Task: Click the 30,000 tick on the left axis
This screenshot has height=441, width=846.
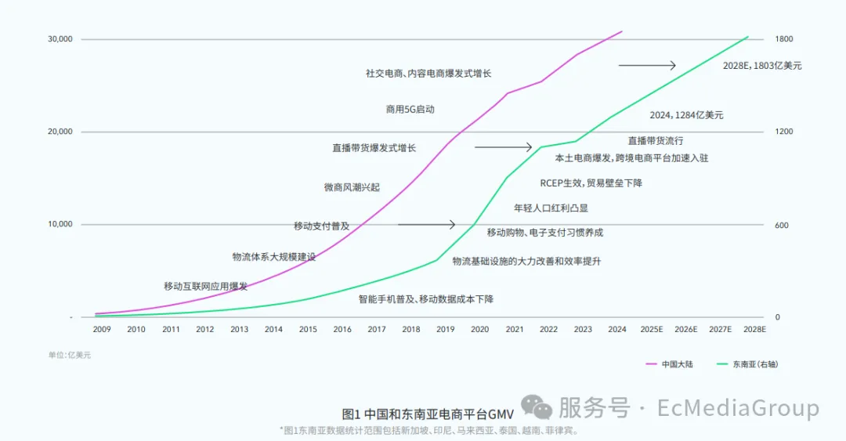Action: coord(60,39)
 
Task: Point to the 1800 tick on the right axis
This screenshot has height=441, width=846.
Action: coord(784,39)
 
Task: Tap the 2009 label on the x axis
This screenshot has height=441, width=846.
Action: coord(102,330)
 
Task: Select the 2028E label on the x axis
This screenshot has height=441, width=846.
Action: coord(754,330)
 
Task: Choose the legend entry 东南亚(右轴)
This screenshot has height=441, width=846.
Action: coord(755,364)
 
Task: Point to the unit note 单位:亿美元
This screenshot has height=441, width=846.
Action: coord(70,355)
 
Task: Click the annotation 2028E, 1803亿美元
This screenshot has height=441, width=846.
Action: coord(762,66)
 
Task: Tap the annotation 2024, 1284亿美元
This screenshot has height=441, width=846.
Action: coord(686,115)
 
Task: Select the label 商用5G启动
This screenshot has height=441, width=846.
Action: coord(410,110)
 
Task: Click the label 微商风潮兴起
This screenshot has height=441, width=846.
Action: coord(352,187)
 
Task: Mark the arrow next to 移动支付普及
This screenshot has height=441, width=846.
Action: coord(426,225)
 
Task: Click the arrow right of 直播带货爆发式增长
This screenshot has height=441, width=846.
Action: coord(503,147)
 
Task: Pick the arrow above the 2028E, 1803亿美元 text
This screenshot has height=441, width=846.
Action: coord(647,65)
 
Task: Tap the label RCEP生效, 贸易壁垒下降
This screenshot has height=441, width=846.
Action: coord(591,183)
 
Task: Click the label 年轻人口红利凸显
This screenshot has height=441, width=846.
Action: coord(551,208)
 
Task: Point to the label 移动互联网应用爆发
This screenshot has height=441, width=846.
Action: coord(205,286)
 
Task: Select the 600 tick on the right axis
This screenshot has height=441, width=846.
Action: coord(782,226)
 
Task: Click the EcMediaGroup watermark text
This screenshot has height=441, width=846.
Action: coord(738,408)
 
